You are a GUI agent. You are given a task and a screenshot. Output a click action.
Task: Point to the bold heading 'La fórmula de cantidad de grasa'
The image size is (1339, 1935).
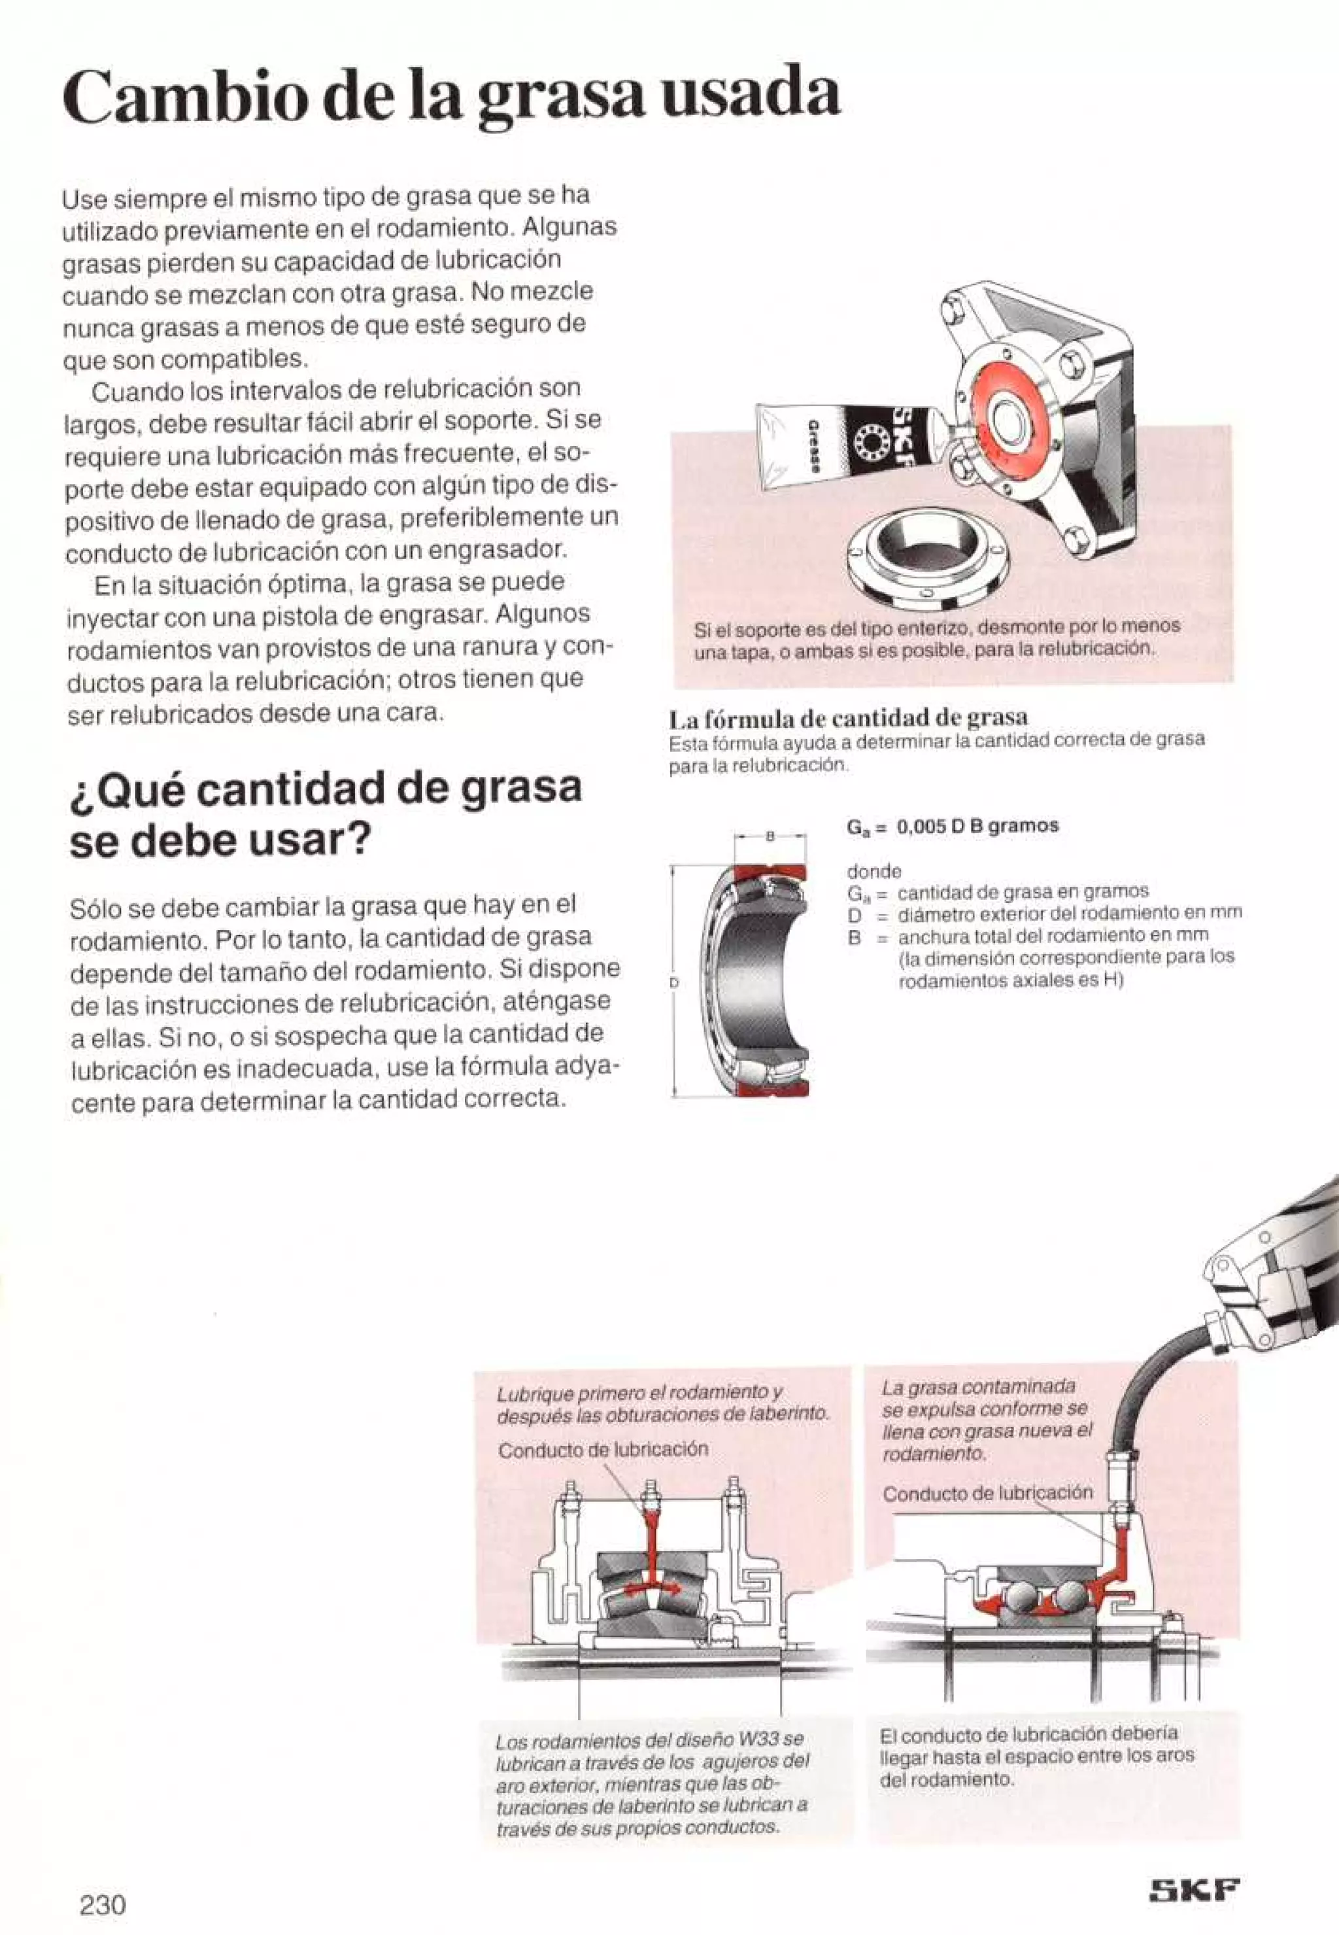coord(848,717)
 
